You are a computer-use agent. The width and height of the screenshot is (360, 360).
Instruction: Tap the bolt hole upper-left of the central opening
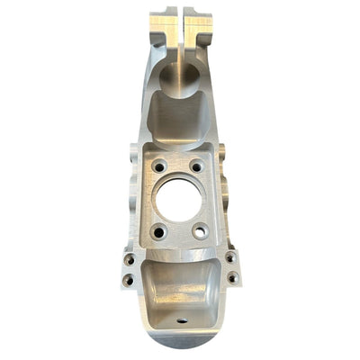coord(158,166)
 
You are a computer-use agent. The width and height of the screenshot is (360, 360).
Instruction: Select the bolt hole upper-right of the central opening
coord(195,166)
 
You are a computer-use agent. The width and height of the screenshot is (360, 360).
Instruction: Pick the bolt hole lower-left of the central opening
coord(159,232)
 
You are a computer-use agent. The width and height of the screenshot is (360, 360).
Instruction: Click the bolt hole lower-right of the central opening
coord(199,231)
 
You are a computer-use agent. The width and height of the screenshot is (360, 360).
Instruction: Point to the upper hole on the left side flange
coord(130,259)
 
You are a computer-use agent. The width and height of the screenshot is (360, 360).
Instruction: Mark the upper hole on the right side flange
coord(230,258)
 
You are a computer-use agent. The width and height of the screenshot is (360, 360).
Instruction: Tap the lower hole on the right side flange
coord(233,277)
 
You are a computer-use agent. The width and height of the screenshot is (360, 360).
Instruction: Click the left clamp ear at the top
coord(164,27)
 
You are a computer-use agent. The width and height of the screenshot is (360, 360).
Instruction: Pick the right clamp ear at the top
coord(198,27)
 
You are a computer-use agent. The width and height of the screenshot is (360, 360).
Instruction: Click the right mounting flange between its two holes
coord(231,268)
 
